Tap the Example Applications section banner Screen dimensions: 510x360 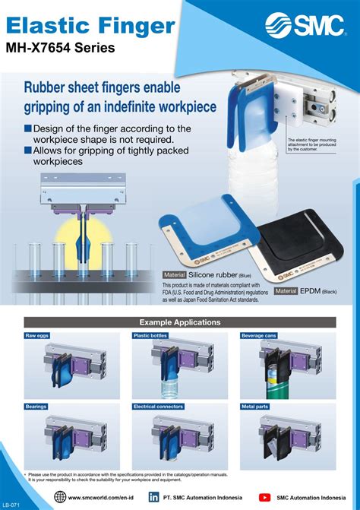[179, 322]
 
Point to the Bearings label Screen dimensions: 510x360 [36, 407]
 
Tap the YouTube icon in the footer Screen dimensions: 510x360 [264, 497]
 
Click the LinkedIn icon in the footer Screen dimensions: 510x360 [153, 497]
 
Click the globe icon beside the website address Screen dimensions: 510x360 [60, 497]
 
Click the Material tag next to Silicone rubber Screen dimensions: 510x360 [175, 274]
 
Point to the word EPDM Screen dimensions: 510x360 [309, 291]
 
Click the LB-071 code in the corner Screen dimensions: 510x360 [10, 504]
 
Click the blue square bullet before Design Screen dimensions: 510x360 [28, 128]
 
